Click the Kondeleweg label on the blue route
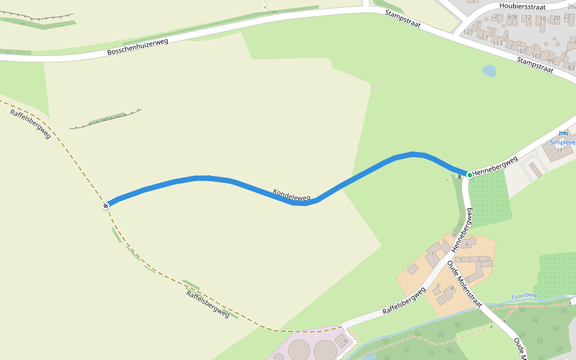tap(292, 194)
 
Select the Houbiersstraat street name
tap(521, 6)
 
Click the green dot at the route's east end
tap(469, 175)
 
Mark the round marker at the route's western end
tap(106, 206)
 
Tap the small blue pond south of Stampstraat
tap(489, 71)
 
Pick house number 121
tap(468, 32)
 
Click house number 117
tap(482, 38)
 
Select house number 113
tap(497, 43)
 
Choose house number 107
tap(521, 50)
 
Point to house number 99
tap(551, 61)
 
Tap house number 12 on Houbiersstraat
tap(528, 17)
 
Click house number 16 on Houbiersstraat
tap(543, 19)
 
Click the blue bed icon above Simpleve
tap(562, 133)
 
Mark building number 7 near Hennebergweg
tap(433, 254)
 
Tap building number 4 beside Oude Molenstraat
tap(452, 289)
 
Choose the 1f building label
tap(559, 150)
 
